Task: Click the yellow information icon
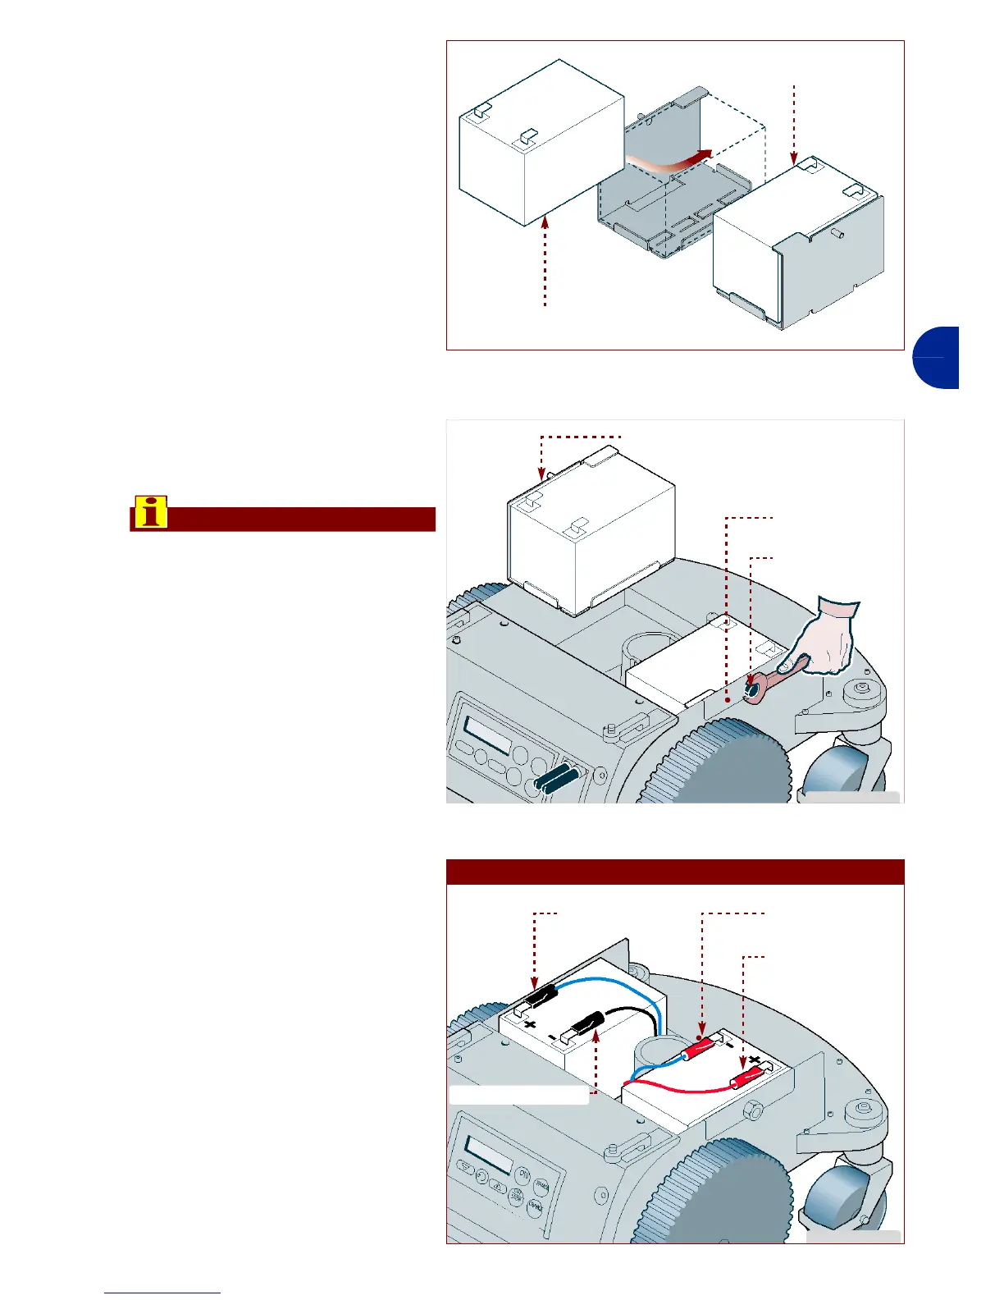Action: point(151,511)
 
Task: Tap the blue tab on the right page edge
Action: point(936,358)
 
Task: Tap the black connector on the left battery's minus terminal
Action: point(585,1026)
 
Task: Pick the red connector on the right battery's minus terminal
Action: point(700,1047)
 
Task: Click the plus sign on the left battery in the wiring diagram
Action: point(530,1024)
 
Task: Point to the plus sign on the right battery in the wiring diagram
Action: point(754,1060)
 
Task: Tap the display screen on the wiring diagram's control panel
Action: point(489,1153)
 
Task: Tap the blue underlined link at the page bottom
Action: point(162,1293)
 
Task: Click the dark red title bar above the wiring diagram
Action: point(674,872)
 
